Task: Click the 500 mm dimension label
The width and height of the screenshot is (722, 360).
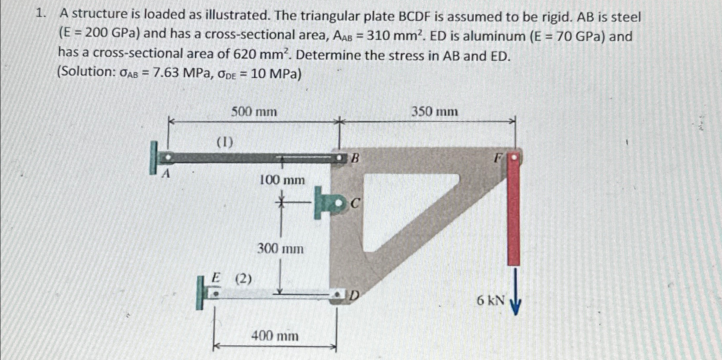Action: [x=254, y=112]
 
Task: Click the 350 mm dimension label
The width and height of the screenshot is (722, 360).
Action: [x=434, y=112]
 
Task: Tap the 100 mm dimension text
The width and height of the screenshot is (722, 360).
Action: [x=282, y=180]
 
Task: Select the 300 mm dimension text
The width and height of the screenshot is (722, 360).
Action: [x=280, y=248]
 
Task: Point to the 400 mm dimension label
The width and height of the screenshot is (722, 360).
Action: [x=275, y=335]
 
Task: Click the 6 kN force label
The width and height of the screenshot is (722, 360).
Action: [x=490, y=299]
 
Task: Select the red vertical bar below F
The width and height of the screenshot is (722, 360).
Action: [x=513, y=212]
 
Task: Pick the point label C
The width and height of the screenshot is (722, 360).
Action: [x=355, y=203]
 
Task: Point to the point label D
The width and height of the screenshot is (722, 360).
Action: [x=354, y=296]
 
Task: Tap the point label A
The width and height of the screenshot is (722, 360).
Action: [x=165, y=174]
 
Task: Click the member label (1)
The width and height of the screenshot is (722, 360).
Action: [x=225, y=142]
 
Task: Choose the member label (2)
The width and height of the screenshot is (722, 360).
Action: [x=243, y=279]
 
